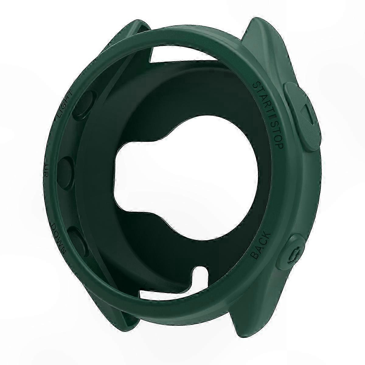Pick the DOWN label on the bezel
click(x=58, y=235)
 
